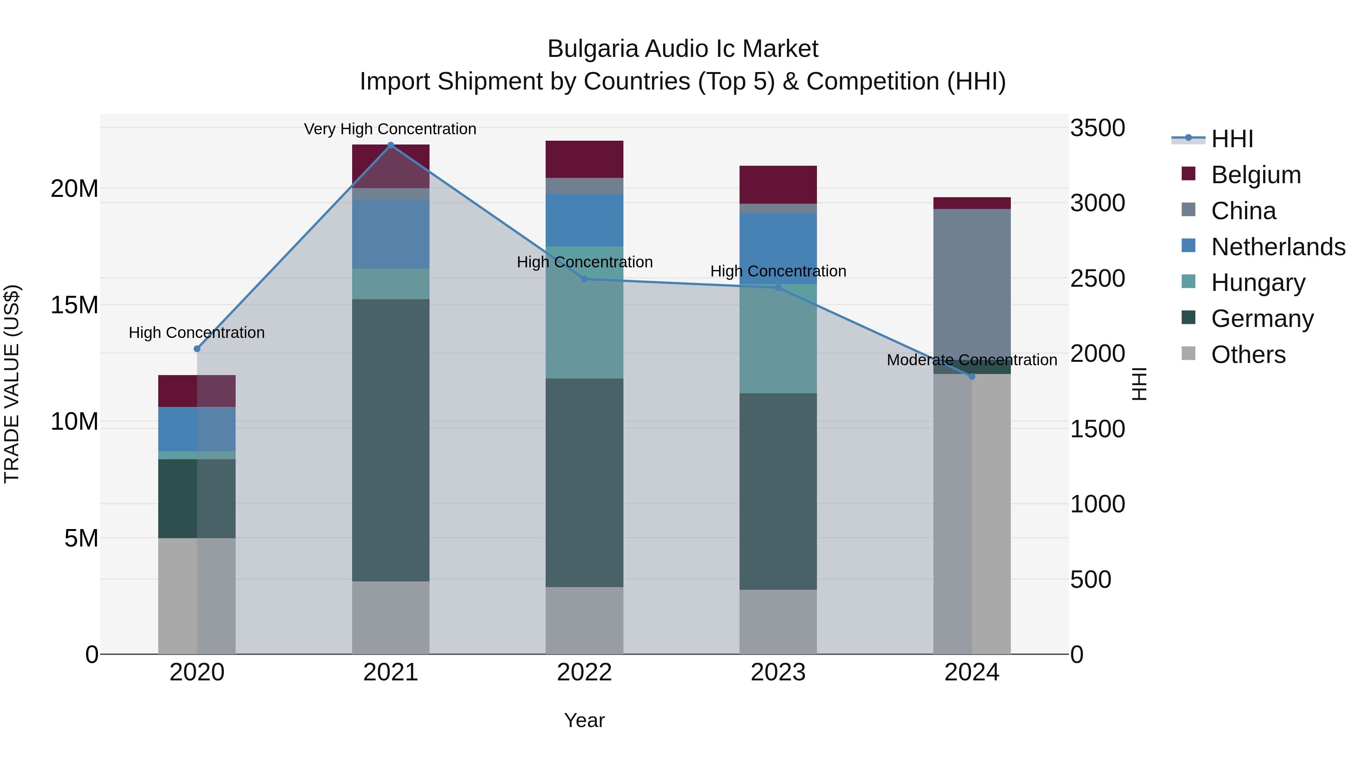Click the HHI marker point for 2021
point(391,145)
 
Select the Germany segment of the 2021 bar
point(391,440)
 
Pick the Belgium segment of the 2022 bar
point(584,159)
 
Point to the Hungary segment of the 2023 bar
point(778,339)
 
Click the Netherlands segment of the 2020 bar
point(197,429)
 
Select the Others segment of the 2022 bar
point(584,620)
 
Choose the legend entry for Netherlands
point(1278,247)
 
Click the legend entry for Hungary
point(1258,283)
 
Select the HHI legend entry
point(1232,139)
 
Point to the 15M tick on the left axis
point(74,305)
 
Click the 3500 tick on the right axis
point(1097,128)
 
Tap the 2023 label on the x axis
point(778,672)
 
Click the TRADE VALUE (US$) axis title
point(12,384)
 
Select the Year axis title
point(584,720)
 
